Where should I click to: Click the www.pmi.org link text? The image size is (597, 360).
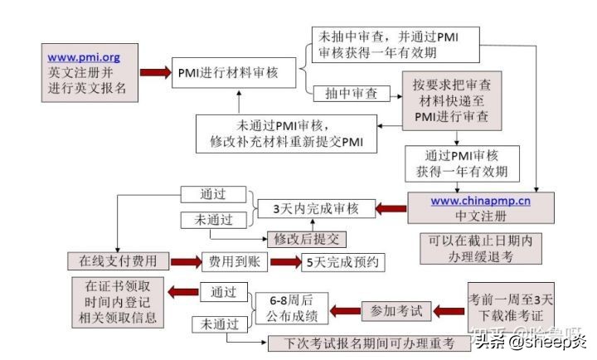pyautogui.click(x=83, y=57)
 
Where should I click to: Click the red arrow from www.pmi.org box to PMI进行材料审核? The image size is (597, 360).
pyautogui.click(x=153, y=73)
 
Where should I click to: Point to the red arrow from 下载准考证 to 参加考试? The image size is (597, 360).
pyautogui.click(x=447, y=312)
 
